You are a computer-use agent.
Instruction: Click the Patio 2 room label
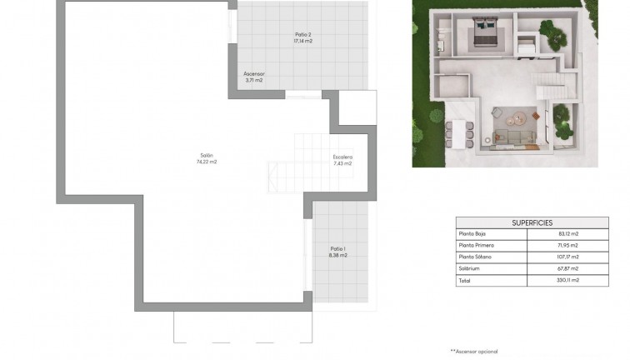tap(302, 34)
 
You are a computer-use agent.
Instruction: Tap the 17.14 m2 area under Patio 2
tap(302, 41)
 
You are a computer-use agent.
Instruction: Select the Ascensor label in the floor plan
tap(254, 73)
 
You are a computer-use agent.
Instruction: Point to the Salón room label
tap(207, 155)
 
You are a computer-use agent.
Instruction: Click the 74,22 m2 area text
tap(207, 162)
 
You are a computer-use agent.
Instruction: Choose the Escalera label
tap(342, 157)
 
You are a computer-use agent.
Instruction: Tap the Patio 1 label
tap(337, 248)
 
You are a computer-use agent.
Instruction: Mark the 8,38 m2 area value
tap(337, 255)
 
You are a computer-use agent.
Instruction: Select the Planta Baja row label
tap(474, 234)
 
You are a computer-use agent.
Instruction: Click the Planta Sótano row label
tap(476, 257)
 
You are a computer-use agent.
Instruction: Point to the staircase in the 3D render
tap(552, 83)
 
